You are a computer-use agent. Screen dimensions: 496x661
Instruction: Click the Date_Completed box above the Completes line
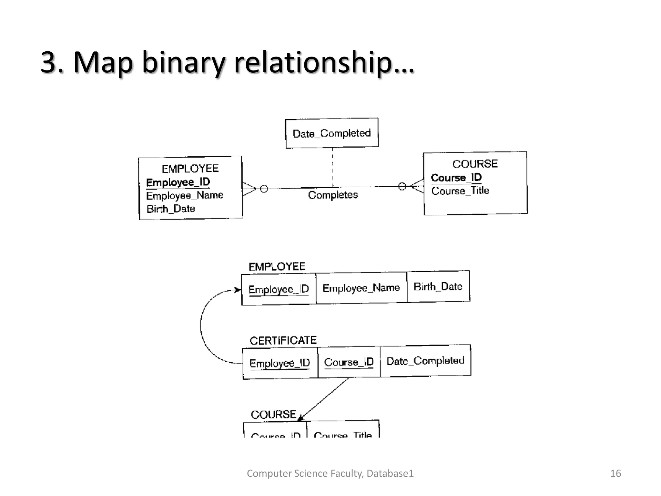click(332, 133)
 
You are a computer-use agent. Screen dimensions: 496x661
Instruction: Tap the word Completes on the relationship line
click(333, 195)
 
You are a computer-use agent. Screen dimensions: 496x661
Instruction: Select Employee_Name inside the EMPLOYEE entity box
click(185, 195)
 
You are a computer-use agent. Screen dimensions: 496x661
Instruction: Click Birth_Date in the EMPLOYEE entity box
click(171, 209)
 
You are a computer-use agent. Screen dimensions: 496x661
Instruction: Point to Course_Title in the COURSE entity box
click(460, 191)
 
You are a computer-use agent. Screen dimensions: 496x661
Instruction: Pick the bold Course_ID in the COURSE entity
click(456, 177)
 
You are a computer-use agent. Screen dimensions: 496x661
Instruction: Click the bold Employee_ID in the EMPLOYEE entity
click(178, 182)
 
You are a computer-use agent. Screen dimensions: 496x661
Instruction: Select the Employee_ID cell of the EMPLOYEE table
click(279, 289)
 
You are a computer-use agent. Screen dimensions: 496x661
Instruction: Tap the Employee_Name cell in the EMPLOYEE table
click(361, 288)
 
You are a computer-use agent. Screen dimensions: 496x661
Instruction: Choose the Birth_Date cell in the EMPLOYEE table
click(438, 286)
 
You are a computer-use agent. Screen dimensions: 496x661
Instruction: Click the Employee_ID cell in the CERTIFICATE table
click(280, 363)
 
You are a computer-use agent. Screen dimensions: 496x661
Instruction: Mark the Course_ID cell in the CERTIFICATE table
click(349, 362)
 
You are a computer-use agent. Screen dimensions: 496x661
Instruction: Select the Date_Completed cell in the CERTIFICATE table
click(425, 361)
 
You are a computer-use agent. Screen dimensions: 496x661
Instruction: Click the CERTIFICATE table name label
click(283, 340)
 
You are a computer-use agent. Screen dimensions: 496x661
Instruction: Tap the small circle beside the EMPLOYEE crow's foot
click(264, 189)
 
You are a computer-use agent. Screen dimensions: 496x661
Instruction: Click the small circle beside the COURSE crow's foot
click(402, 186)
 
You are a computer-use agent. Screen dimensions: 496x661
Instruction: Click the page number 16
click(615, 473)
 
